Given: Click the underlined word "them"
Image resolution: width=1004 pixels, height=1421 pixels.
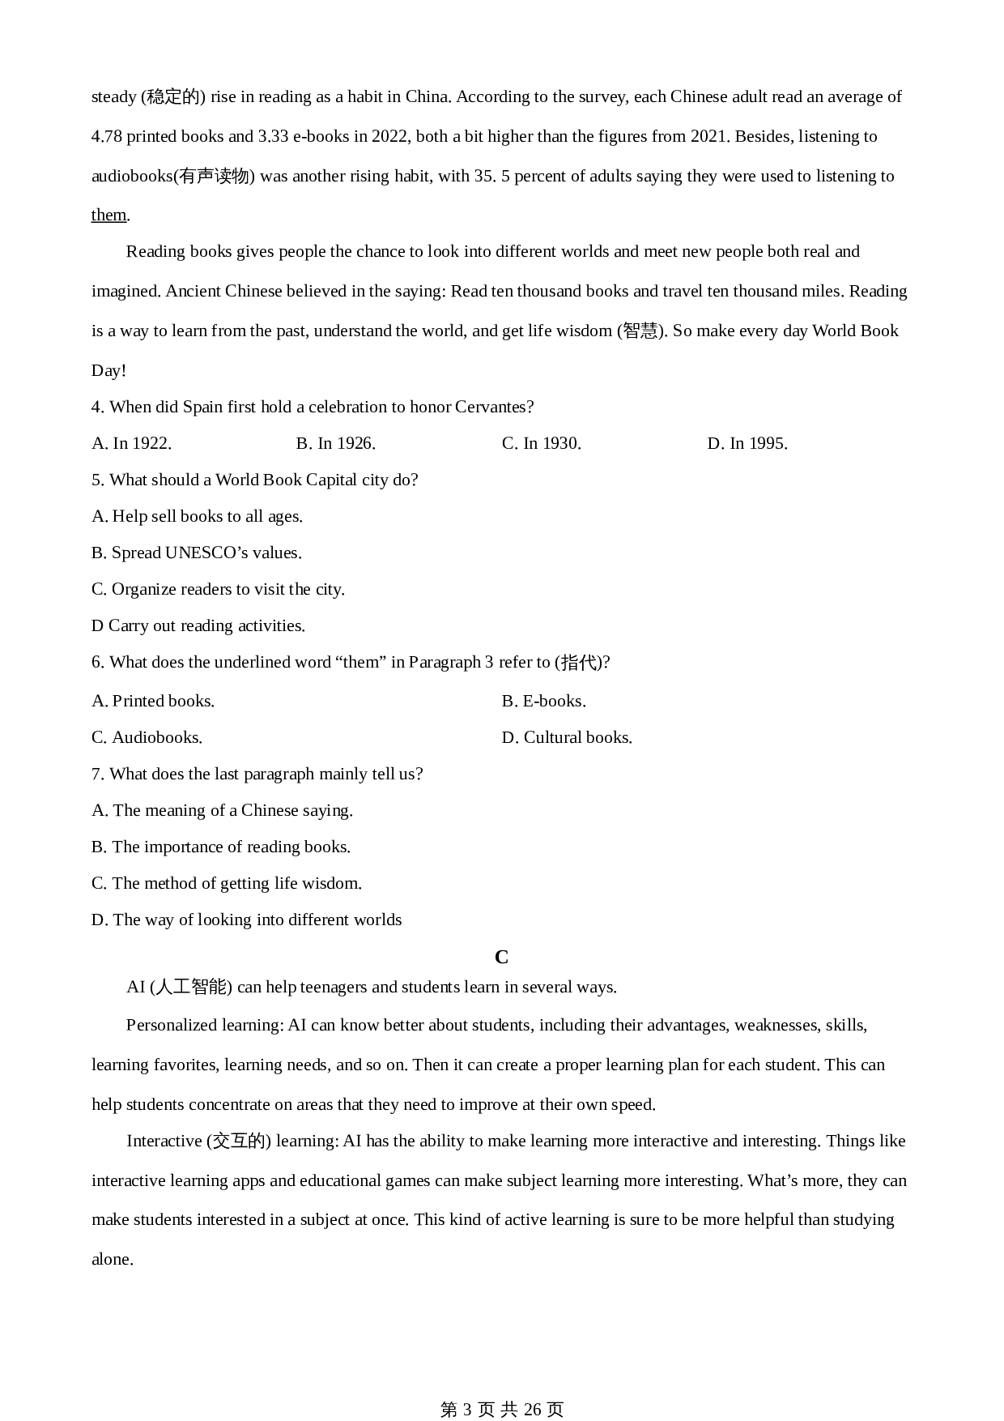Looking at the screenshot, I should (108, 215).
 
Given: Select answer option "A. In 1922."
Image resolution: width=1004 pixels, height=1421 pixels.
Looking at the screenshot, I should (131, 443).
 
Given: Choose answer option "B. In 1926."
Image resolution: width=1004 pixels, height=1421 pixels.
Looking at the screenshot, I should (335, 443).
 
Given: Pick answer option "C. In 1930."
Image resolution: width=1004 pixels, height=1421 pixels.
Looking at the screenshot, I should (541, 443).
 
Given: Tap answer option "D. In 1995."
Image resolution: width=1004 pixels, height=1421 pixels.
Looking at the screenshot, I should (747, 443).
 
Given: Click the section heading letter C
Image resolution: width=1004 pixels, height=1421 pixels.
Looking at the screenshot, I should (501, 958).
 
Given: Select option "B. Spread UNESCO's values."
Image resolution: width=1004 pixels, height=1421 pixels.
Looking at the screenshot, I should (196, 553).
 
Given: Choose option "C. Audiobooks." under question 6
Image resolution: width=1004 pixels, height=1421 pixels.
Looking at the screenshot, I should (147, 737).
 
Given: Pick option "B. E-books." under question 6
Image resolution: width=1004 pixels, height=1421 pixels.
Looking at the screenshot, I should (543, 701).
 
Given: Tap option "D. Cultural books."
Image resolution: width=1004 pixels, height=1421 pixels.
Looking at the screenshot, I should (567, 737).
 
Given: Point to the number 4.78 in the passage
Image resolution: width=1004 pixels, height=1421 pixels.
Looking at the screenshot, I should (107, 136).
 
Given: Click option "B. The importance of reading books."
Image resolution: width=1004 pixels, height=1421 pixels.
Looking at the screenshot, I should (220, 847).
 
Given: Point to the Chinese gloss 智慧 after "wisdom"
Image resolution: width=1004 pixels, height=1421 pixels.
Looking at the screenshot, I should (640, 331).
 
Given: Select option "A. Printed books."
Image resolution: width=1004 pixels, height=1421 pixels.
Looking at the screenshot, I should (153, 701).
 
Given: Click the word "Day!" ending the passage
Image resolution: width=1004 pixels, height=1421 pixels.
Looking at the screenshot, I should (108, 370).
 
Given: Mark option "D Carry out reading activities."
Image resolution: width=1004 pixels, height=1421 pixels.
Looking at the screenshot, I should (198, 625).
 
